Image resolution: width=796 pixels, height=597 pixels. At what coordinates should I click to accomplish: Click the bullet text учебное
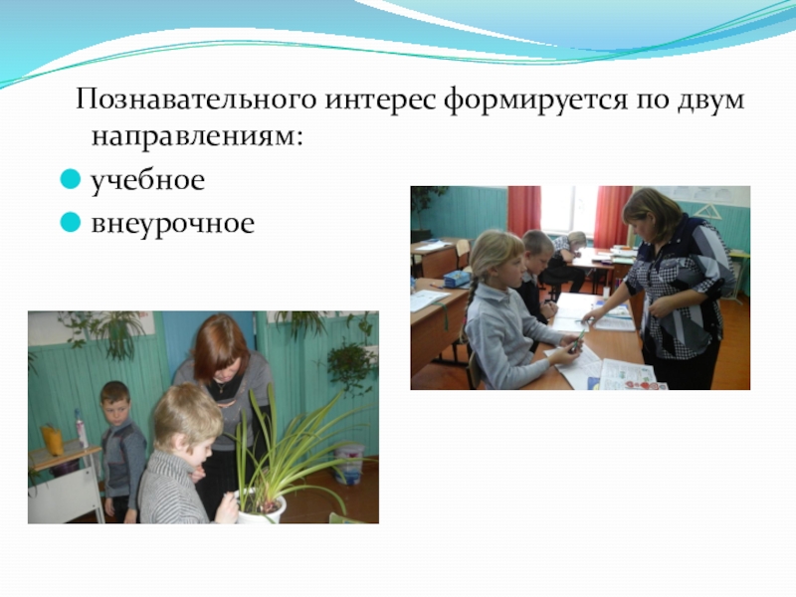(147, 181)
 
